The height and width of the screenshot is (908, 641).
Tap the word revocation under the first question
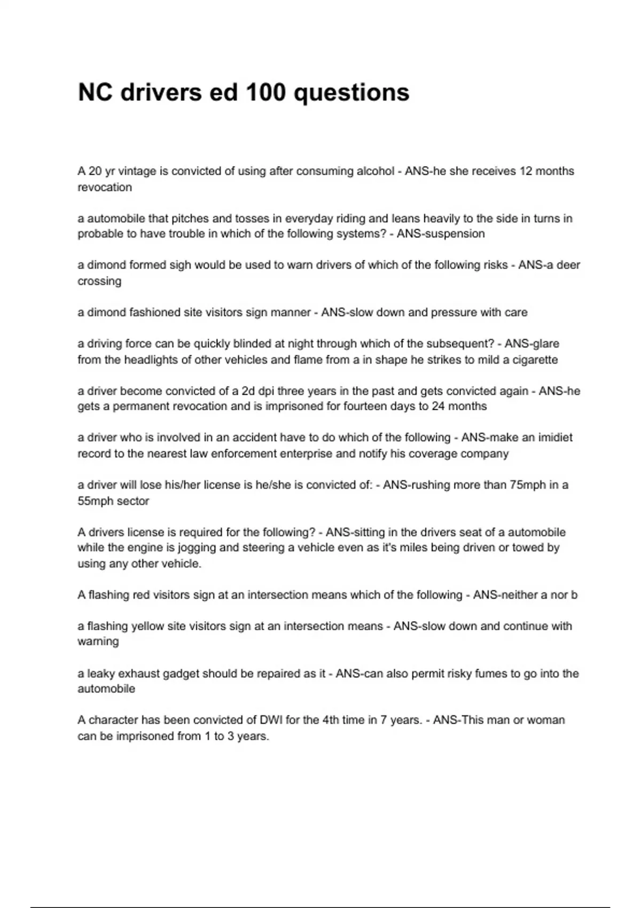coord(105,187)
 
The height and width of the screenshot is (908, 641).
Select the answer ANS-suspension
coord(441,234)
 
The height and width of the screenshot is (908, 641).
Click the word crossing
coord(99,281)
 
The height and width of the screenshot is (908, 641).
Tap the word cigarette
coord(535,360)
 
